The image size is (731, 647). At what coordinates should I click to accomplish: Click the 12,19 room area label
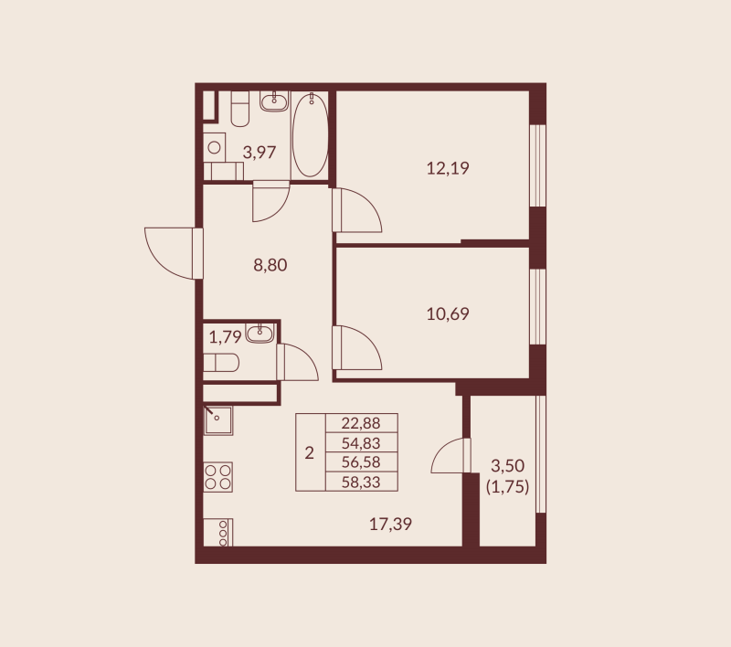[x=448, y=168]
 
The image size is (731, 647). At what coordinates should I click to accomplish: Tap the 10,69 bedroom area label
[x=448, y=314]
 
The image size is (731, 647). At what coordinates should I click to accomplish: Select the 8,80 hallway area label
[x=270, y=266]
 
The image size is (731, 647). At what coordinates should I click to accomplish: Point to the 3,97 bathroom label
[x=259, y=153]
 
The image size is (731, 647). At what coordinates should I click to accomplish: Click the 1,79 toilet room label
[x=225, y=336]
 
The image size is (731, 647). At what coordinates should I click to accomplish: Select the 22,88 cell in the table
[x=362, y=423]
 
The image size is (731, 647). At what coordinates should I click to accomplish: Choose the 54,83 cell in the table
[x=362, y=442]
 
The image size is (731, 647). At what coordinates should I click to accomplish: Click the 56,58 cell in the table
[x=362, y=461]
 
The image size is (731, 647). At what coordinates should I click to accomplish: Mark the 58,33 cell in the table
[x=362, y=481]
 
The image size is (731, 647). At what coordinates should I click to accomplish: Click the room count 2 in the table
[x=309, y=452]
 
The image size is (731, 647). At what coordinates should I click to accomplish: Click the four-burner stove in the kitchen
[x=217, y=477]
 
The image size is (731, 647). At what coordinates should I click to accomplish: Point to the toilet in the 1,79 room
[x=221, y=365]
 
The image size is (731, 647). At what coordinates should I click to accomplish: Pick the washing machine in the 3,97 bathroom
[x=215, y=146]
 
